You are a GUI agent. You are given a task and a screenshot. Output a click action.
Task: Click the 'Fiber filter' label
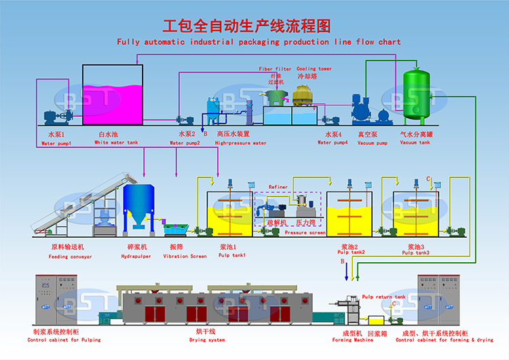[x=275, y=69]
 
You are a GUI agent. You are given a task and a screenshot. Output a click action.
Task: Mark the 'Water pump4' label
[x=333, y=143]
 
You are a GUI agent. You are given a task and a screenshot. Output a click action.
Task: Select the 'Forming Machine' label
[x=352, y=340]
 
